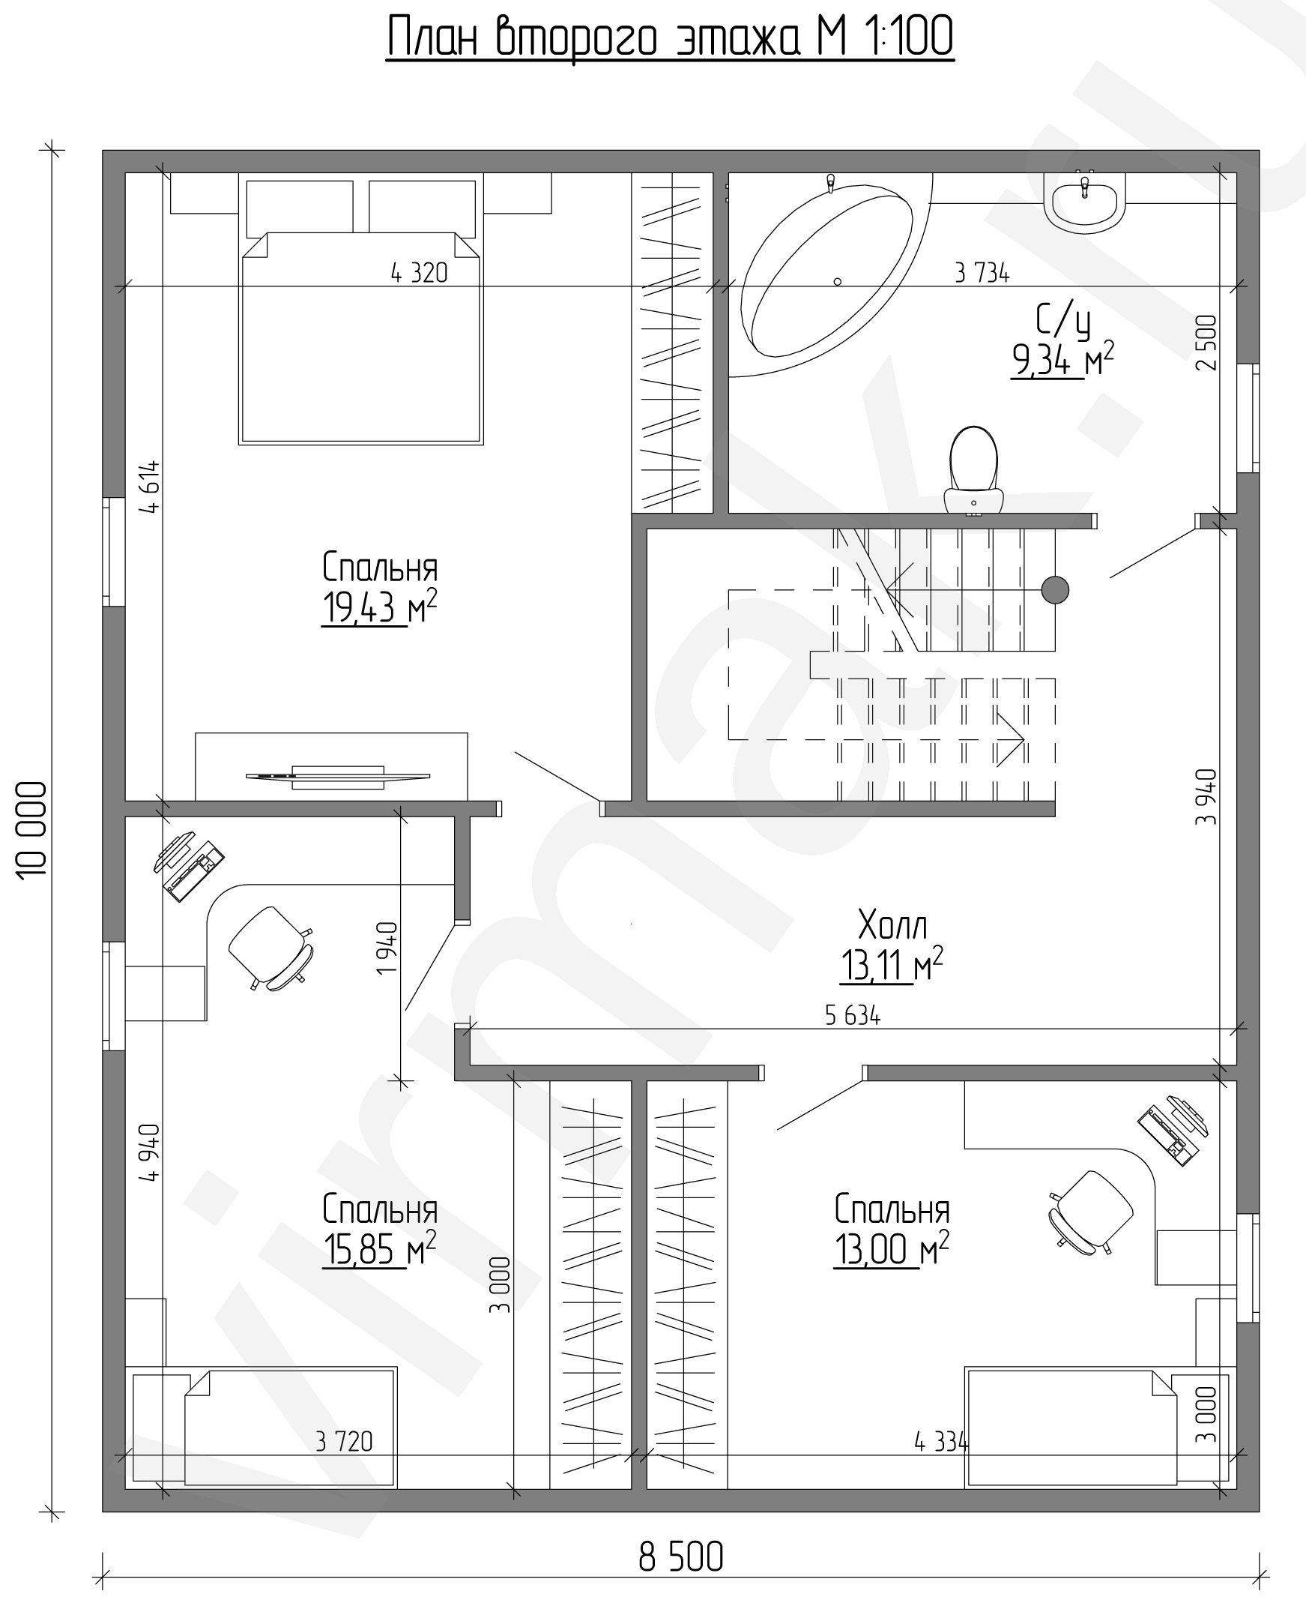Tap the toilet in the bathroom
click(973, 470)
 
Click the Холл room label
click(892, 925)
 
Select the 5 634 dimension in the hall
click(853, 1015)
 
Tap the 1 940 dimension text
click(387, 948)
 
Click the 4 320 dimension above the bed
click(419, 272)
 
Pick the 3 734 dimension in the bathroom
click(982, 272)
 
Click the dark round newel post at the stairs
click(1056, 590)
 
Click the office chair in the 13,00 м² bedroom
click(1091, 1212)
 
